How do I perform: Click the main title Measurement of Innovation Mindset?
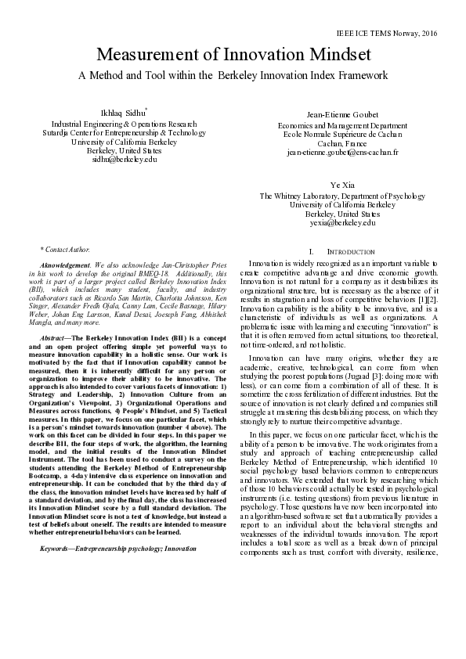233,56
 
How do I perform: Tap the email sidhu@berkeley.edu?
125,159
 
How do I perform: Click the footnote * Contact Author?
64,247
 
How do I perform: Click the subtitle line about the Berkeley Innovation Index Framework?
233,75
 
